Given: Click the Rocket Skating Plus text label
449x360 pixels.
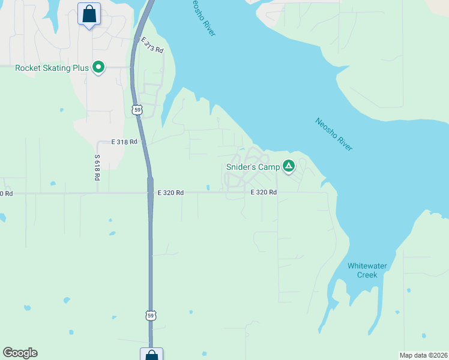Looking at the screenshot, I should [x=52, y=68].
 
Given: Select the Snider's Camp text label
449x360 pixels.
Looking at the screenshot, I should [x=253, y=167].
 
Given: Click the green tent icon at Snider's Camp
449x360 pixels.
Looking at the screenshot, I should [x=289, y=166].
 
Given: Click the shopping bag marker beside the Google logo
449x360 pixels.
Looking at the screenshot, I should [x=151, y=355].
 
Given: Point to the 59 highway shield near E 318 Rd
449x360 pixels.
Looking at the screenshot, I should [x=137, y=110].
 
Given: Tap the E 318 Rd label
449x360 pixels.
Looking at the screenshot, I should [x=124, y=142].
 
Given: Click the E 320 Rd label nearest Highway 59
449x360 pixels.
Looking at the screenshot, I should [x=170, y=193].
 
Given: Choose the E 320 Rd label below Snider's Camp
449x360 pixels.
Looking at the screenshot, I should [x=264, y=193].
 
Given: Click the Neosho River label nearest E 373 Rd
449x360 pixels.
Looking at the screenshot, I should [x=203, y=18].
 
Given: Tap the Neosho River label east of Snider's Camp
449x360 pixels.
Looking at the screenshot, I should [x=334, y=134].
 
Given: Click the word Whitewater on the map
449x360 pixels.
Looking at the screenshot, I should [x=367, y=266].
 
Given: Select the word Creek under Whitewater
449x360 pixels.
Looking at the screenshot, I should [x=367, y=275].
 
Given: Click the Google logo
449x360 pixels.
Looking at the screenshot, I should [x=20, y=353].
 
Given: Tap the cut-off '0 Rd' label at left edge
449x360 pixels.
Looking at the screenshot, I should [x=6, y=193].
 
